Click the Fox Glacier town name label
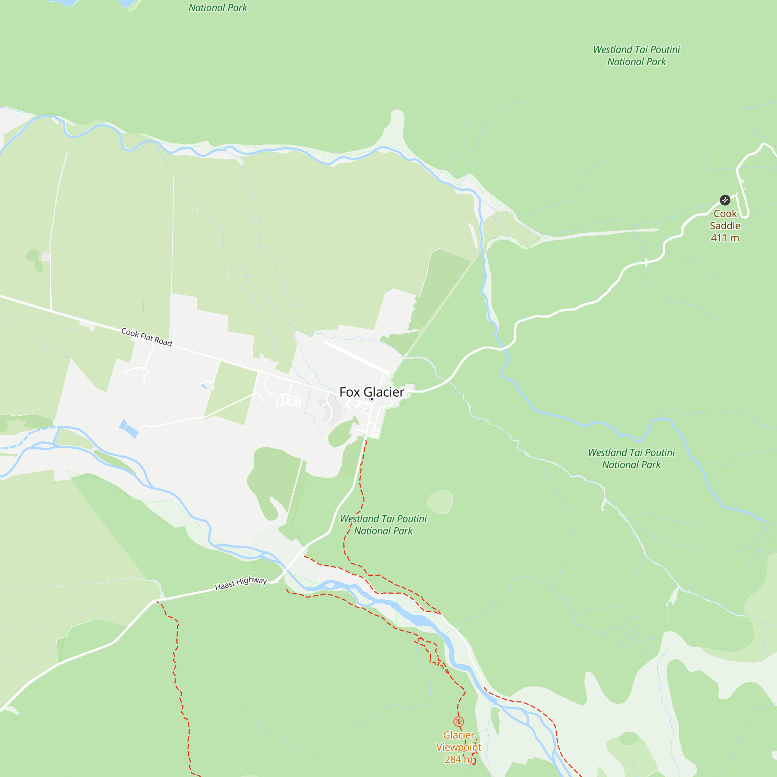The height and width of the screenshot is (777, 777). (x=372, y=392)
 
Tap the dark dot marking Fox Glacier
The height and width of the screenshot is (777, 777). (x=372, y=399)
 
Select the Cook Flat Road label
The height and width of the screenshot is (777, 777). (x=147, y=337)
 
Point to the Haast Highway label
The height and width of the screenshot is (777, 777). (x=241, y=583)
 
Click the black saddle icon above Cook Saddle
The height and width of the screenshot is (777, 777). (x=725, y=200)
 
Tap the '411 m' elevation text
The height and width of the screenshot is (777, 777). (x=725, y=238)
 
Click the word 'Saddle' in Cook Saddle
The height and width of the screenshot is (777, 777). (x=725, y=226)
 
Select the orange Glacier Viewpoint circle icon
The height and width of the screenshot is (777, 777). (x=458, y=721)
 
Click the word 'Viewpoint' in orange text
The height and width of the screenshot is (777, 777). (x=458, y=747)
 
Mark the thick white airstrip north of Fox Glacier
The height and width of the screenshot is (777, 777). (x=356, y=357)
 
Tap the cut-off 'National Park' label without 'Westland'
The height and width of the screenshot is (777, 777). (x=218, y=8)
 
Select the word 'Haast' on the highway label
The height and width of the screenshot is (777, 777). (x=225, y=586)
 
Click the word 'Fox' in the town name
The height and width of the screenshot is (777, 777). (x=350, y=392)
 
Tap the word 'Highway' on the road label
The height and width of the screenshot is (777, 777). (x=251, y=581)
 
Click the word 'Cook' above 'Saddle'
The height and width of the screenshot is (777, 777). (x=725, y=214)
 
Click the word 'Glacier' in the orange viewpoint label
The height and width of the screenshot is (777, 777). (x=458, y=735)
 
